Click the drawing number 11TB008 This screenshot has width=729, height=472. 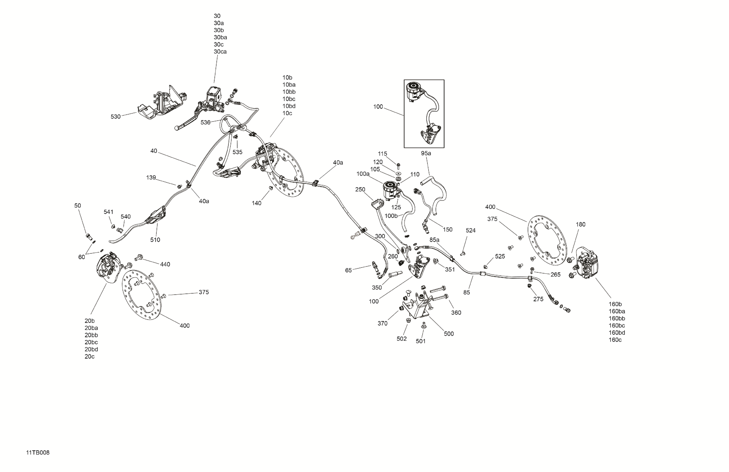click(x=38, y=452)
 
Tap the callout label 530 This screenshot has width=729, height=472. click(x=115, y=117)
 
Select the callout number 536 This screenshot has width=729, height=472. click(x=205, y=122)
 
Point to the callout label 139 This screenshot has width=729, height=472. click(x=151, y=177)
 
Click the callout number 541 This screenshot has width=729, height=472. click(x=108, y=212)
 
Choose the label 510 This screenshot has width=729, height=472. click(x=155, y=240)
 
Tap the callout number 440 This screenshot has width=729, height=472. click(x=165, y=264)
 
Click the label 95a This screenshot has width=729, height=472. click(x=426, y=153)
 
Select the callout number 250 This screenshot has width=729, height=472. click(x=360, y=189)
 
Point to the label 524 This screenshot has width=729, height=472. click(x=470, y=230)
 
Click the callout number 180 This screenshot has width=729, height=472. click(x=581, y=224)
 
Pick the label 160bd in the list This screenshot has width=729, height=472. click(x=617, y=333)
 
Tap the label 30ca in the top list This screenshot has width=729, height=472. click(x=220, y=52)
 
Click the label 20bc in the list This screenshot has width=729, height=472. click(x=91, y=342)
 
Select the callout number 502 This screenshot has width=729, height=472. click(x=401, y=339)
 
